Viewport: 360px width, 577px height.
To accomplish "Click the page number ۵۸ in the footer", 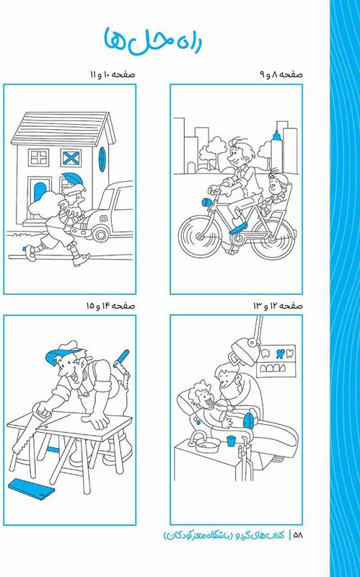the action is (x=298, y=536).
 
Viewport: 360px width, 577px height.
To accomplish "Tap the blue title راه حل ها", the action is (x=152, y=40).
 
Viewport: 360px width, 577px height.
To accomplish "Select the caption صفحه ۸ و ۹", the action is (x=281, y=74).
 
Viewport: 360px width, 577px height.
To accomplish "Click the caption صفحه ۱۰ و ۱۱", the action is (x=113, y=74).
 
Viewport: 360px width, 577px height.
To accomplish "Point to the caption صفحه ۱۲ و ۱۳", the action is (x=278, y=306).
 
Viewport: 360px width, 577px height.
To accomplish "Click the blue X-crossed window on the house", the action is (x=71, y=158).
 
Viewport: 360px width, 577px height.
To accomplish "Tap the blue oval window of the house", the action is (x=102, y=159).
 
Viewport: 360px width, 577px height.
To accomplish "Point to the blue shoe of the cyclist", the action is (x=237, y=227).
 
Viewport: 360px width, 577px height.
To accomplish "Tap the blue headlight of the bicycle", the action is (x=206, y=202).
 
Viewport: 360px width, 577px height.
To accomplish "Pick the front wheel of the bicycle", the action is (x=201, y=236).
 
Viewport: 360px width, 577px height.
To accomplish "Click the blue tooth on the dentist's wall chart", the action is (x=279, y=353).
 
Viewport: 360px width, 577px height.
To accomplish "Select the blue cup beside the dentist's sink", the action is (x=231, y=441).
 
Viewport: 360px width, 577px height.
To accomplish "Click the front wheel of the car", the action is (x=100, y=232).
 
